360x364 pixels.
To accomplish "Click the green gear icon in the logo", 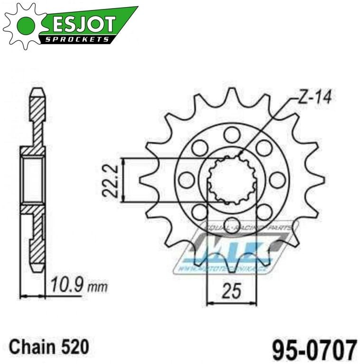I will tap(25, 25).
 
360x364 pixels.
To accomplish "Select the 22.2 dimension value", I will tap(109, 180).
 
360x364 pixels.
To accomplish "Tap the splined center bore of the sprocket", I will tap(232, 180).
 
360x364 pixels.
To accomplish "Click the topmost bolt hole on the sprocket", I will tap(232, 135).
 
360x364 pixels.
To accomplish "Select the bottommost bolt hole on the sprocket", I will tap(232, 225).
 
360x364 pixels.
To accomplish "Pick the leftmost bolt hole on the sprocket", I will tap(186, 180).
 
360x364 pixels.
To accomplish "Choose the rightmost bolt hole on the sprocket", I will tap(277, 180).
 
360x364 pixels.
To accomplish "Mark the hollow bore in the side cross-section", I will tap(33, 180).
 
